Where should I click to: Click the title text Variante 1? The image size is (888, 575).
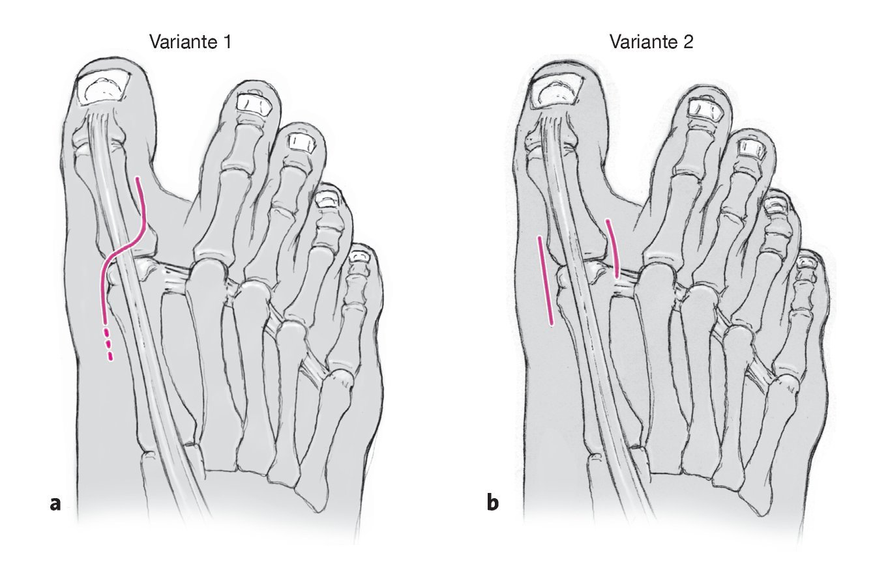(x=190, y=43)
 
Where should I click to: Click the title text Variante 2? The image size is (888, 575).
(x=651, y=43)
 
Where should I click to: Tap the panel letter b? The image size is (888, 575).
(x=493, y=503)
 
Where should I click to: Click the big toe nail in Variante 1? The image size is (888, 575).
(x=102, y=88)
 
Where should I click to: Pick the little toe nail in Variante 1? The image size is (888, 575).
(x=357, y=256)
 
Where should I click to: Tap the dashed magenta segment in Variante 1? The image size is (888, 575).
(x=108, y=345)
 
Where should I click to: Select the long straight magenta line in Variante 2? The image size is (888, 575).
(x=545, y=281)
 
